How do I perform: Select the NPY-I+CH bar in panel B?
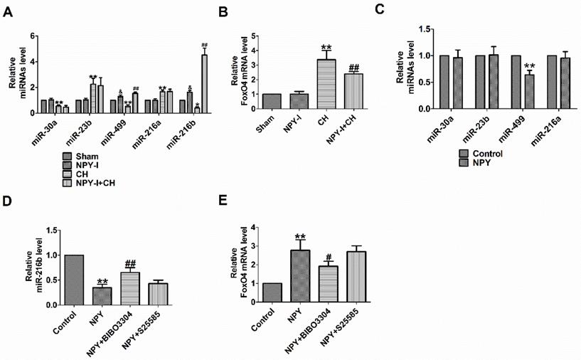[354, 90]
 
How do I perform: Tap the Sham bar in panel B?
[271, 100]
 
